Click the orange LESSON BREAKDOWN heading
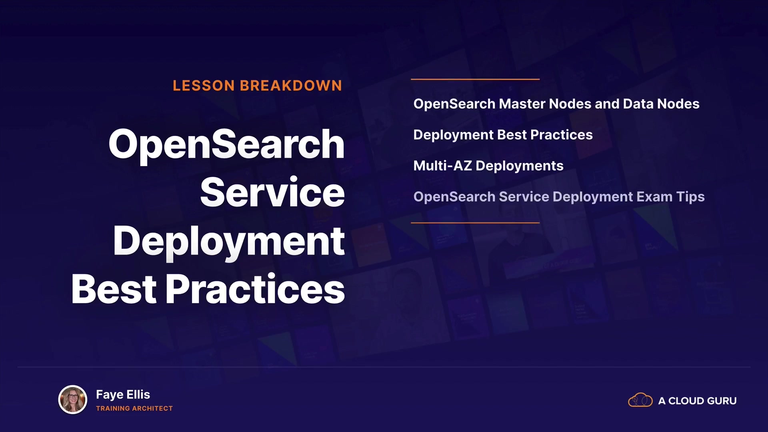click(257, 86)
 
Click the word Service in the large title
click(272, 192)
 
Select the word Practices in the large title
click(255, 289)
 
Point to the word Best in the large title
click(114, 289)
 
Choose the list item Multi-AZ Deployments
click(488, 166)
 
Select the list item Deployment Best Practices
click(503, 135)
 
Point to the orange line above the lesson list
click(475, 79)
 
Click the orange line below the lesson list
click(475, 222)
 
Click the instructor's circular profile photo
click(73, 399)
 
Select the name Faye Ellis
click(123, 395)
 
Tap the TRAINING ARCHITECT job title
click(134, 408)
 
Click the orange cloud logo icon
click(640, 400)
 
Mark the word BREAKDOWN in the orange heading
click(291, 86)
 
